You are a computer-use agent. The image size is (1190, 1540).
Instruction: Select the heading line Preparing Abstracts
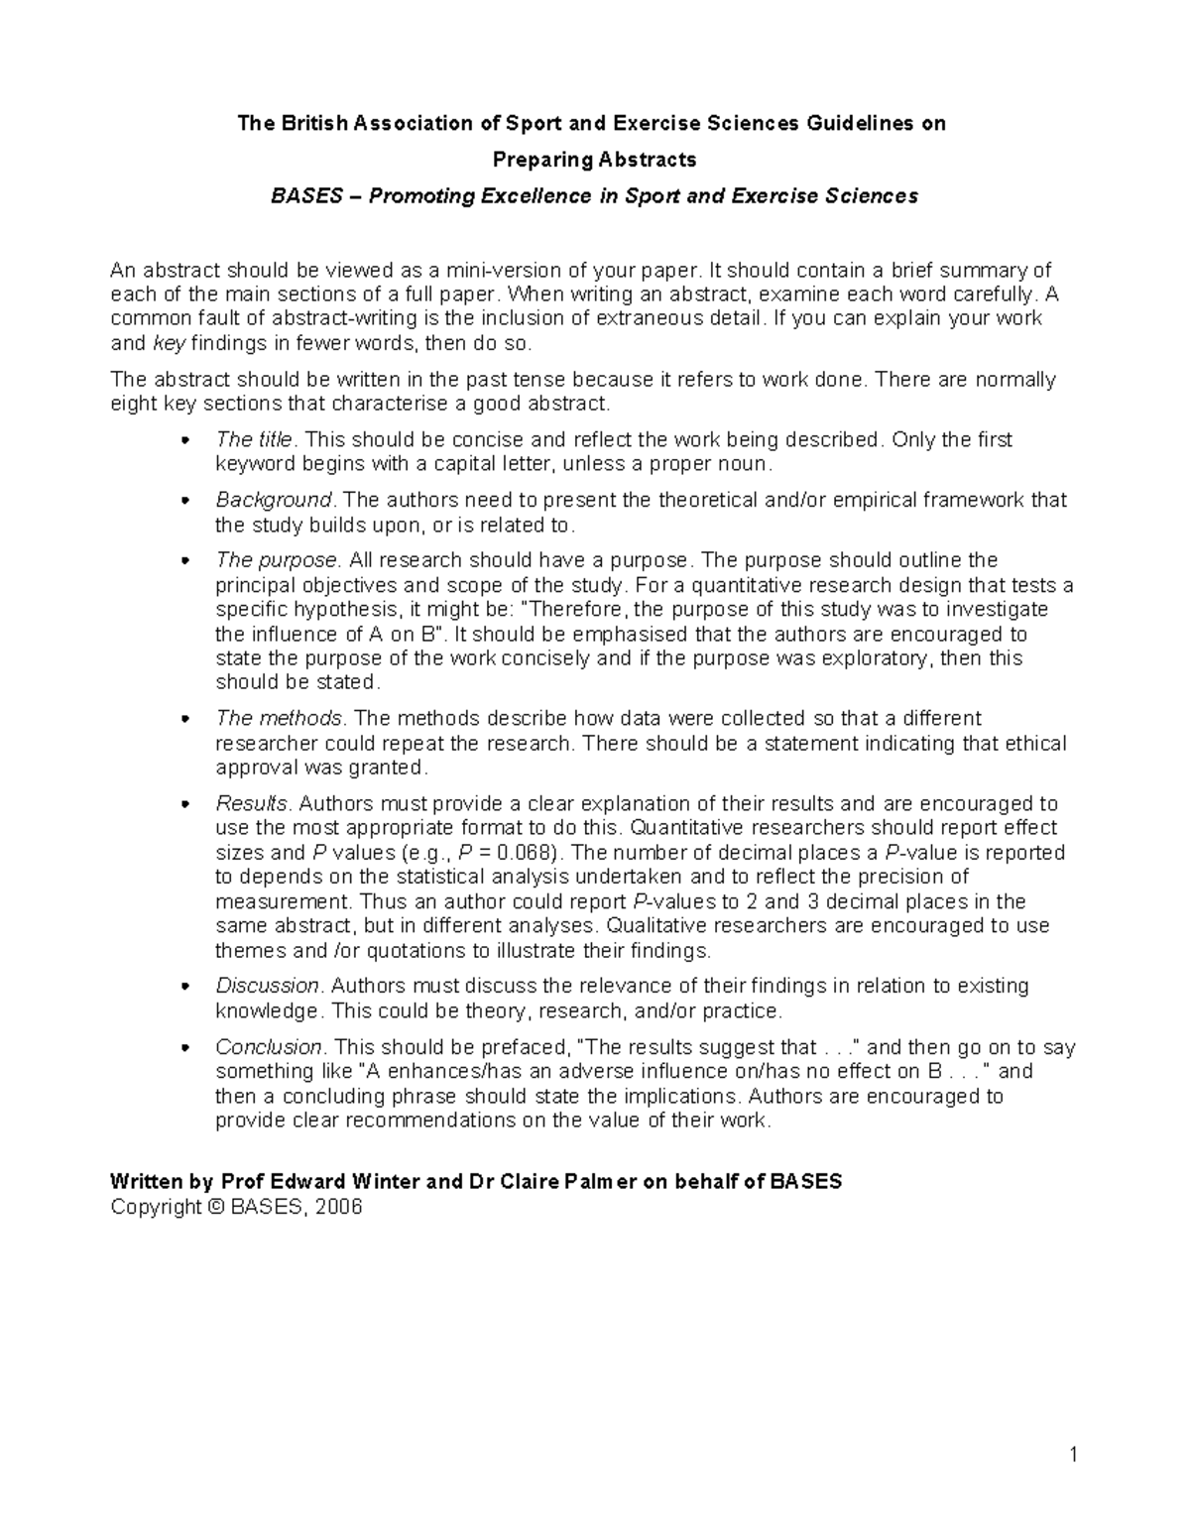pos(595,160)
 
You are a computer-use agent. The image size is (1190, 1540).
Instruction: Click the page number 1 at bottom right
pos(1073,1456)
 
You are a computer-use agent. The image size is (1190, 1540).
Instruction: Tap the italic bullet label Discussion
pos(268,986)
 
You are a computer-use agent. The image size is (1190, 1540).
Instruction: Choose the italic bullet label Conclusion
pos(269,1047)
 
